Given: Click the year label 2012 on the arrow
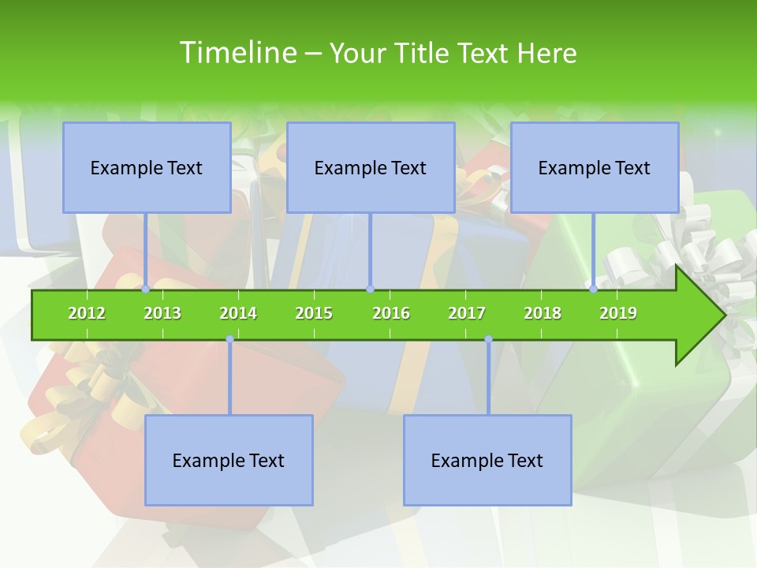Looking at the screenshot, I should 87,313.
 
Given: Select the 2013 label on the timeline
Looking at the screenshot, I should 162,313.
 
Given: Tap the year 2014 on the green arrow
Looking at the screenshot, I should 238,313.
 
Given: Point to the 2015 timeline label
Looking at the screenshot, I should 314,313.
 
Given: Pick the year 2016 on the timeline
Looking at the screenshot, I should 391,313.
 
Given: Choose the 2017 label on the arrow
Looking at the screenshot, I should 467,313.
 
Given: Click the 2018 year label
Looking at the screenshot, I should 543,313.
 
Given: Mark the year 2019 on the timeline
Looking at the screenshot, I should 618,313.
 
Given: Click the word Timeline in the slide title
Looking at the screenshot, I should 237,53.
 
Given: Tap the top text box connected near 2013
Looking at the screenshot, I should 147,167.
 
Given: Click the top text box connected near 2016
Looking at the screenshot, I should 371,167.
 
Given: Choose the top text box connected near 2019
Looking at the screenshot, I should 595,167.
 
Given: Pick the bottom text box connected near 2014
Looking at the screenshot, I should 229,460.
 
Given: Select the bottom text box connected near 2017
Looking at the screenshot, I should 487,460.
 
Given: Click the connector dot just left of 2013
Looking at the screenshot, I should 146,289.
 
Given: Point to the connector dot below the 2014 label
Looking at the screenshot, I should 229,339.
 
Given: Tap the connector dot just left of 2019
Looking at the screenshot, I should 594,289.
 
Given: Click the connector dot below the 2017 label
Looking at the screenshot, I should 488,339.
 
